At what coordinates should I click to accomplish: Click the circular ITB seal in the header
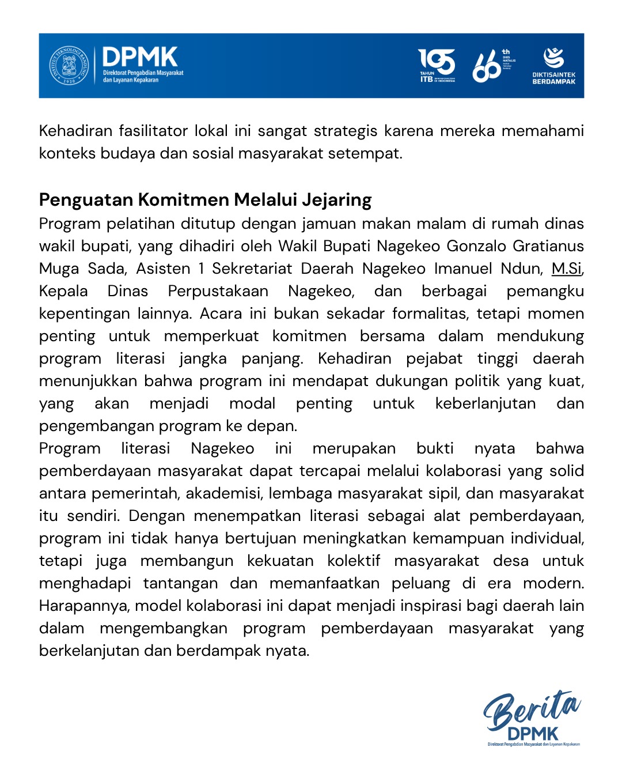click(x=69, y=65)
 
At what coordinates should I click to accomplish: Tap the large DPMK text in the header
click(x=140, y=57)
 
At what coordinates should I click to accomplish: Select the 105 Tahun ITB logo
click(x=437, y=65)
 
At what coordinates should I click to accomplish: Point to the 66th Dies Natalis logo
click(x=492, y=65)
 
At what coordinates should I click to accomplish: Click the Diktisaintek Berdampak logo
click(x=553, y=65)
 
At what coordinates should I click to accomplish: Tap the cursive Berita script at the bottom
click(x=531, y=709)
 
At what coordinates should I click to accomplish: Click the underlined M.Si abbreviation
click(x=566, y=269)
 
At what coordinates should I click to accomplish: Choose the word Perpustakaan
click(x=218, y=291)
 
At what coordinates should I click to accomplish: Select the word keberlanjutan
click(x=485, y=403)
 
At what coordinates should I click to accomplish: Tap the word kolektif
click(x=354, y=561)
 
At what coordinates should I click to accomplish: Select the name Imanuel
click(x=467, y=269)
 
